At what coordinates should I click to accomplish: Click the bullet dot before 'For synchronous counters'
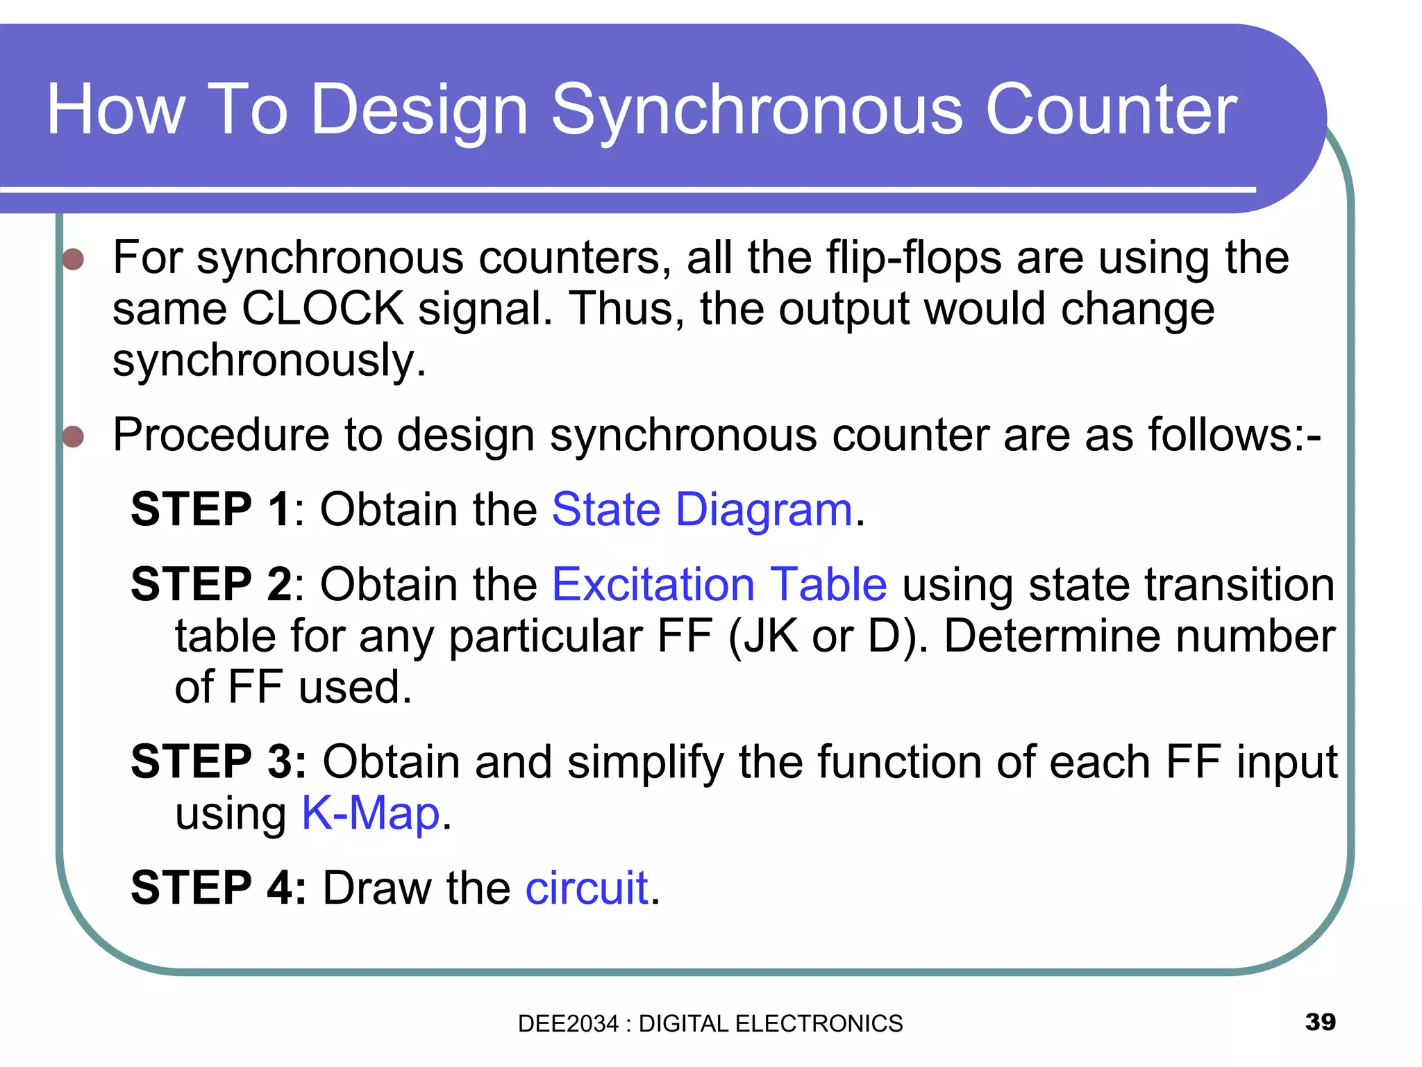(x=73, y=259)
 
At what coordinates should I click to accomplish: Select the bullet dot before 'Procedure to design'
(x=73, y=437)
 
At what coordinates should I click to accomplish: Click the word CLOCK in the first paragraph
(x=323, y=308)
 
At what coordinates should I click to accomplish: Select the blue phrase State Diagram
(x=701, y=509)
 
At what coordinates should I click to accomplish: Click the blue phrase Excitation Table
(x=719, y=584)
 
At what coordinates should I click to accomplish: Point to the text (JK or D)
(x=826, y=636)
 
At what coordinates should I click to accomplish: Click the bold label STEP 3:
(x=218, y=762)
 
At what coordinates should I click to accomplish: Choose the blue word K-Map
(x=371, y=813)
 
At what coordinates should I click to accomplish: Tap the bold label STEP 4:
(x=218, y=888)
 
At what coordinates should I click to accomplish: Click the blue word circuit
(x=587, y=888)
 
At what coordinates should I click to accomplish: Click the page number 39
(x=1320, y=1022)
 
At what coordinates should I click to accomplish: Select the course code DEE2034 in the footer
(x=567, y=1024)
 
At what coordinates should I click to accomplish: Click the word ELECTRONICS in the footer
(x=819, y=1024)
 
